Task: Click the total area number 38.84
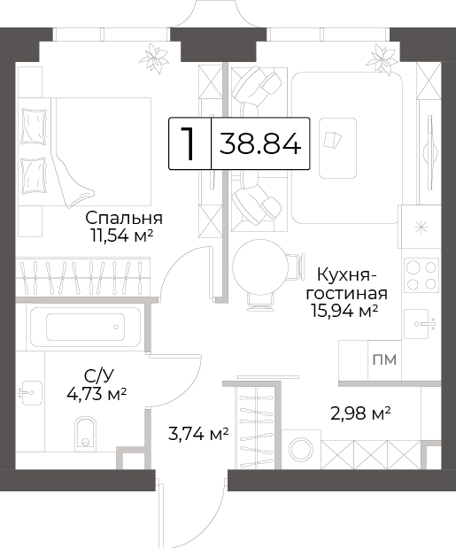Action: point(260,143)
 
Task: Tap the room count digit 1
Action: point(188,143)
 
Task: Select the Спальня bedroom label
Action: point(124,218)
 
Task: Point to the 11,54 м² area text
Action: point(122,235)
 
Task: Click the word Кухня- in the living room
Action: point(347,274)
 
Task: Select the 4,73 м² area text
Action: point(97,394)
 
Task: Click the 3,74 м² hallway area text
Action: point(198,434)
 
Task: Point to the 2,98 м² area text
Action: point(360,413)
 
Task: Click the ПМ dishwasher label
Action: point(384,359)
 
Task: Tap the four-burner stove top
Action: point(421,275)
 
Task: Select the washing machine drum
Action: point(301,449)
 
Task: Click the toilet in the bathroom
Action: point(85,432)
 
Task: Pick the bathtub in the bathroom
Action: point(85,328)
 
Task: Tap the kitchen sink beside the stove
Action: point(420,324)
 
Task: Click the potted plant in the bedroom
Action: point(154,58)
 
